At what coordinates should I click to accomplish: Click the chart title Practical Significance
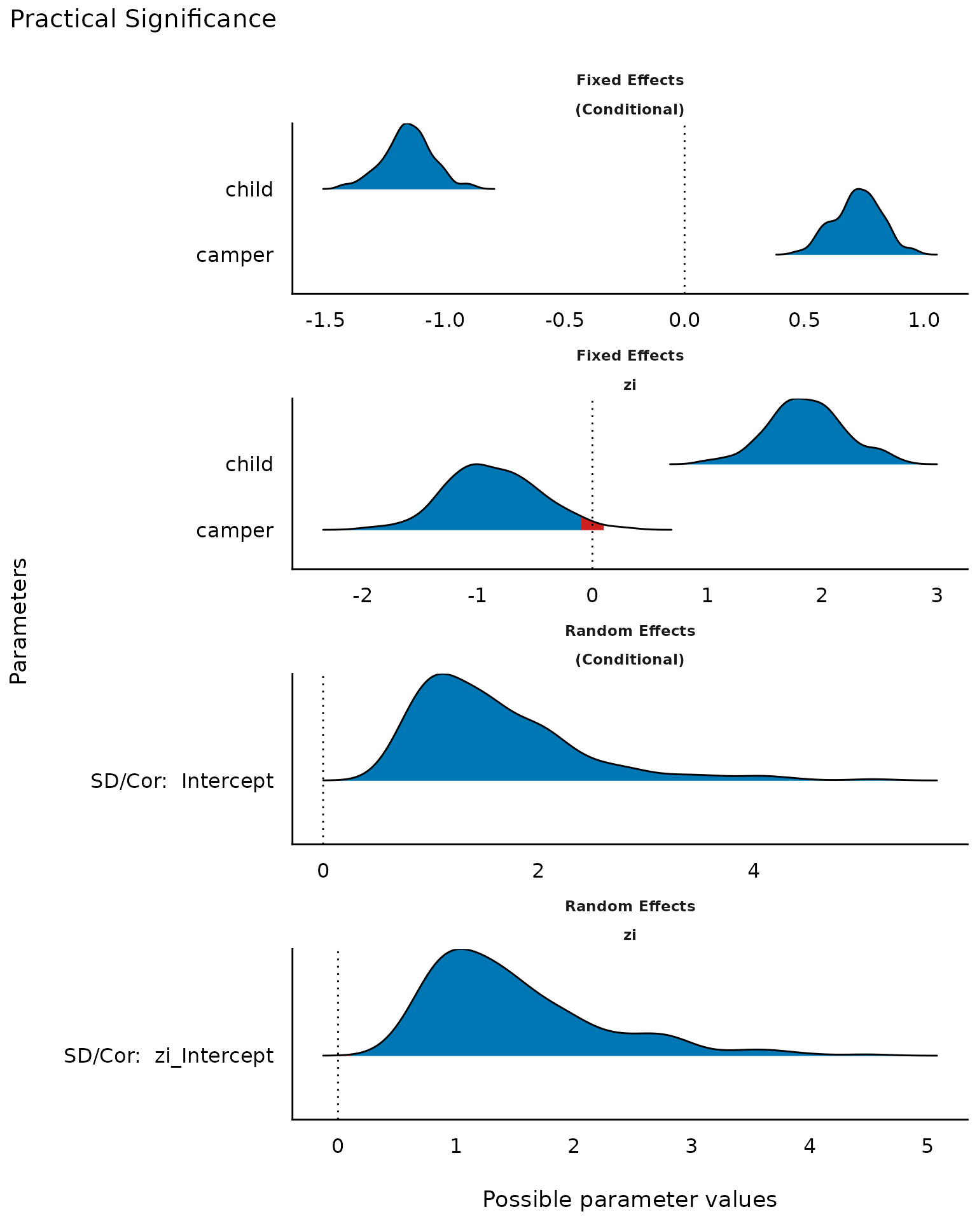tap(143, 20)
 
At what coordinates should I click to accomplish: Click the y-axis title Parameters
tap(19, 620)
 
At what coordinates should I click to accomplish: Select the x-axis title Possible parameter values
tap(629, 1199)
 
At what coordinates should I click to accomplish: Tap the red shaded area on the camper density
tap(592, 525)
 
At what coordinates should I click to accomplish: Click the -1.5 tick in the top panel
tap(325, 320)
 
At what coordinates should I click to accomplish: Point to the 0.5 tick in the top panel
tap(804, 320)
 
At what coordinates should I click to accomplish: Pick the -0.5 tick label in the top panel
tap(564, 320)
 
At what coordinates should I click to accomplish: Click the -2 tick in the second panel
tap(362, 596)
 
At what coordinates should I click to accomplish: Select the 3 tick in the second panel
tap(936, 596)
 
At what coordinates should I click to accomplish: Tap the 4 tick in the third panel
tap(754, 871)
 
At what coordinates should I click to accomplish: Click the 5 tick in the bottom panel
tap(927, 1146)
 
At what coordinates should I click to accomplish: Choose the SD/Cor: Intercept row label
tap(182, 780)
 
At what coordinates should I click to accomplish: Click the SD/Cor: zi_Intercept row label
tap(169, 1056)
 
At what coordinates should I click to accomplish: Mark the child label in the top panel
tap(249, 190)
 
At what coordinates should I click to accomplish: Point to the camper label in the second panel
tap(235, 530)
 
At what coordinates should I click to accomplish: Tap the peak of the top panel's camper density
tap(859, 190)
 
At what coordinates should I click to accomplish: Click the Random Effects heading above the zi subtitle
tap(630, 906)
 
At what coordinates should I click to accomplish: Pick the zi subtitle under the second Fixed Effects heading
tap(630, 385)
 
